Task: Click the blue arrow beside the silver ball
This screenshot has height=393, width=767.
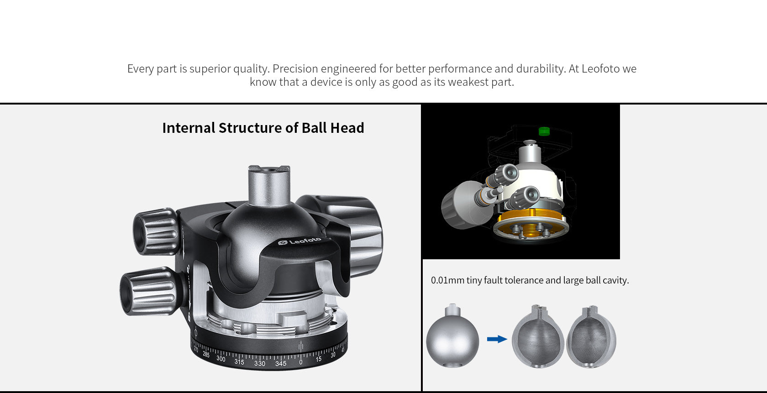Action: click(497, 339)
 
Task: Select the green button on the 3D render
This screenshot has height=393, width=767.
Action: click(543, 131)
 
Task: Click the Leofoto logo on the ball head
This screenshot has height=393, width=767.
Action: click(300, 241)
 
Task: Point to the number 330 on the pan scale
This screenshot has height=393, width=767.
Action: click(259, 363)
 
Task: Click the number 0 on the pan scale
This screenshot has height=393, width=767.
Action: click(300, 362)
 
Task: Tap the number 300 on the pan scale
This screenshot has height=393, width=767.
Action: click(221, 358)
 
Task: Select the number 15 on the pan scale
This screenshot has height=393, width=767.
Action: click(318, 359)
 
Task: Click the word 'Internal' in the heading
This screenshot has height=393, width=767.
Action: click(188, 128)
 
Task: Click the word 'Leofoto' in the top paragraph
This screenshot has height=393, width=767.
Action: click(600, 69)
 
